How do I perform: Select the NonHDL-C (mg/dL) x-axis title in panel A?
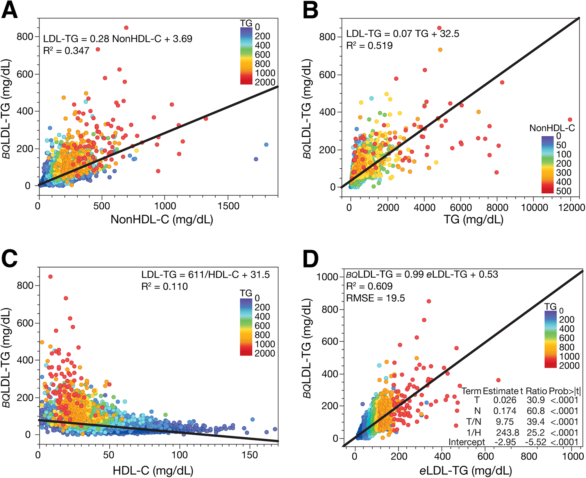[162, 219]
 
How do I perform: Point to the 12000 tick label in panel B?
[572, 208]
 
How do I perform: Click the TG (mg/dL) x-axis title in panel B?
[473, 219]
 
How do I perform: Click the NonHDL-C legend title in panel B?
[552, 128]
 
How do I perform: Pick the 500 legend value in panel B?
[564, 191]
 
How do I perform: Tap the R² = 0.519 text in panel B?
[370, 46]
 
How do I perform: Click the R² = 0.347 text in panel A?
[66, 51]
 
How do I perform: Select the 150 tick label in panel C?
[250, 455]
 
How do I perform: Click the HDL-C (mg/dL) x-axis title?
[153, 471]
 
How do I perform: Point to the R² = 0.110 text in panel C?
[164, 287]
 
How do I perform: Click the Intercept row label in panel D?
[466, 442]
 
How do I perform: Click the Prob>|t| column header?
[565, 391]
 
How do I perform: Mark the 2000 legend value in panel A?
[265, 82]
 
